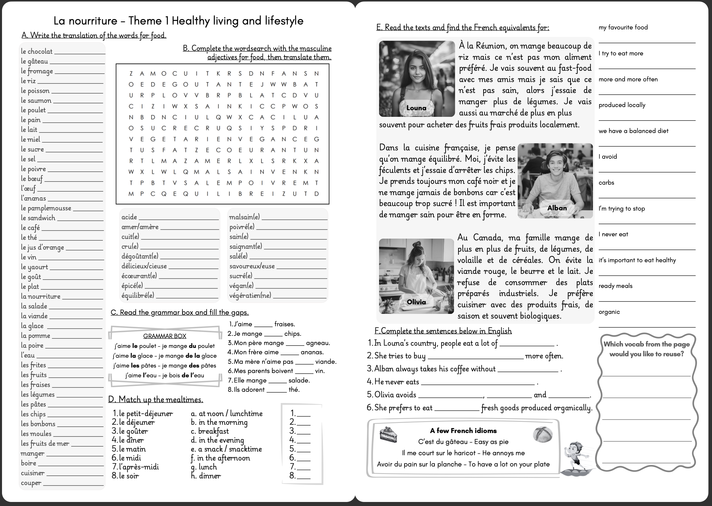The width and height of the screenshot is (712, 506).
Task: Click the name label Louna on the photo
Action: tap(416, 108)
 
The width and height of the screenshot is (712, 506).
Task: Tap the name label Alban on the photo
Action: tap(557, 208)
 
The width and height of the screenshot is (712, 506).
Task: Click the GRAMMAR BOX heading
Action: tap(165, 336)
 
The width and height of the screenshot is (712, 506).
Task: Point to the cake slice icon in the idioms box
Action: tap(388, 434)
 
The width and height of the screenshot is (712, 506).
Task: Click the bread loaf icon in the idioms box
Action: tap(542, 434)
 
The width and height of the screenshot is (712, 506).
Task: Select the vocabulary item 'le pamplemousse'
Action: tap(46, 208)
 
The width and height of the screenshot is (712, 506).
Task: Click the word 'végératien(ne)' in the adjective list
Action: tap(250, 295)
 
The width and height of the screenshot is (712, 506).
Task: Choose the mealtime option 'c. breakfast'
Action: tap(210, 431)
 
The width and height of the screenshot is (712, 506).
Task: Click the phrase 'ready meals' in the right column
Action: tap(615, 286)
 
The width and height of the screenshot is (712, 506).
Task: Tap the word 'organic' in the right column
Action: tap(609, 312)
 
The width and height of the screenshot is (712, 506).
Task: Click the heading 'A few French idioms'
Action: tap(463, 431)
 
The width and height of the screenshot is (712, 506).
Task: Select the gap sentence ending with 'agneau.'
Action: tap(279, 343)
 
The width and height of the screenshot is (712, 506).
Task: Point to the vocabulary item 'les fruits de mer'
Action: tap(45, 443)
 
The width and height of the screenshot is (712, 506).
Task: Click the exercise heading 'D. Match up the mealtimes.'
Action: tap(156, 400)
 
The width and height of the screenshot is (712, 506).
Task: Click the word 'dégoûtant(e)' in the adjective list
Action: tap(140, 256)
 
